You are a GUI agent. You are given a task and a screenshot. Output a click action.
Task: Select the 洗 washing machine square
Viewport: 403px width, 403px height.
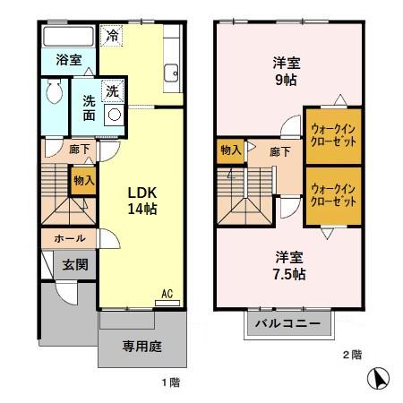point(113,90)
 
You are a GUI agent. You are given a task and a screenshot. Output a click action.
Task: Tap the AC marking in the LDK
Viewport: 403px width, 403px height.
point(167,293)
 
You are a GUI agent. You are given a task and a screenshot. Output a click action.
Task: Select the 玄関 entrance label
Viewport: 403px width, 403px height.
point(73,265)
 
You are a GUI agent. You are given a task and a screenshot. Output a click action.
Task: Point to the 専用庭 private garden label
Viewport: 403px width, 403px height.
point(141,347)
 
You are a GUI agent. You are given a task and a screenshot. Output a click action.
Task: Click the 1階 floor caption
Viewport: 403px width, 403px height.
point(169,382)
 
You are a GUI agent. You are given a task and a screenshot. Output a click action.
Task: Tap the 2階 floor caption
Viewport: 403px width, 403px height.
point(352,355)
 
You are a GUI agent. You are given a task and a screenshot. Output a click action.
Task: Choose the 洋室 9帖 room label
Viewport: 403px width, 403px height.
point(286,71)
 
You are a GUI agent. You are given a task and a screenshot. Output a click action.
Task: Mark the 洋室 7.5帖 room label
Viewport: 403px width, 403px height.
point(288,266)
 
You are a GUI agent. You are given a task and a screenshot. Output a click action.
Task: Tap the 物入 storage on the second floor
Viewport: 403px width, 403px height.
point(231,150)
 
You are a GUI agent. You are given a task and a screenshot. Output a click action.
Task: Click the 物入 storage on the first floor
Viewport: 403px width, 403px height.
point(83,181)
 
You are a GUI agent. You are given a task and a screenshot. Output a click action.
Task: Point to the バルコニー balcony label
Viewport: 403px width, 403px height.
point(287,323)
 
